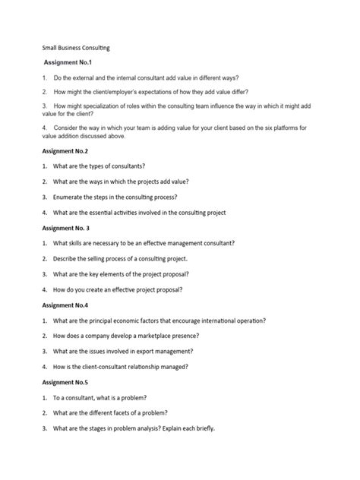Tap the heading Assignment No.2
pos(66,151)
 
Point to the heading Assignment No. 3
pos(68,227)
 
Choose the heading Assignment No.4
pos(66,305)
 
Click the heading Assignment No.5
pos(66,382)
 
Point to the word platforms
pos(285,128)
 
